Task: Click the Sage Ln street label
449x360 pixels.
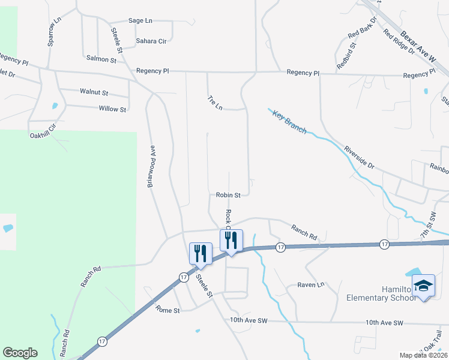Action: tap(140, 20)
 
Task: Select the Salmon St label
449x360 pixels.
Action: tap(101, 59)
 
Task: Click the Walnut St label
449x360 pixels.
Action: tap(94, 92)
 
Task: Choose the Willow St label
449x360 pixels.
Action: tap(112, 109)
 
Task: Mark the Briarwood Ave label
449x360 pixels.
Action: tap(152, 166)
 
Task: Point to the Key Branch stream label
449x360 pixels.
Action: tap(289, 122)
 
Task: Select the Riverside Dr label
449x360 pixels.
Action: tap(359, 157)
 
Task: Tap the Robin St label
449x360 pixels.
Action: tap(228, 195)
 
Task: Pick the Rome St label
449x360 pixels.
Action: tap(167, 310)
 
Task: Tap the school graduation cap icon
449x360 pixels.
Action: tap(423, 285)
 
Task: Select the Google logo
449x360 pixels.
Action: tap(20, 353)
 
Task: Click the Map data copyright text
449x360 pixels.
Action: tap(423, 355)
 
